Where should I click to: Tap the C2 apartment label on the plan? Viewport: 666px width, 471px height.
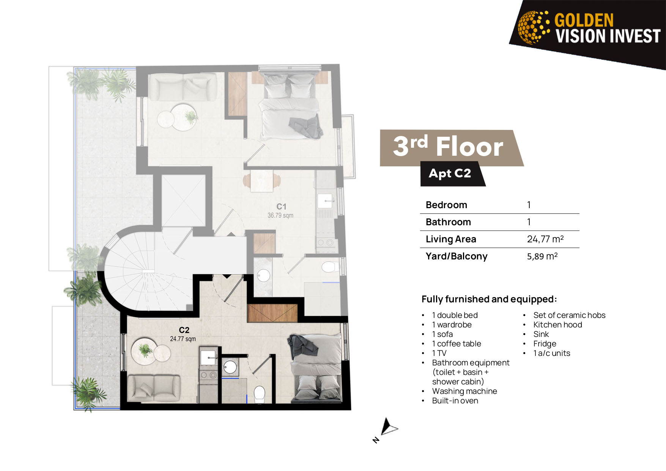coord(184,330)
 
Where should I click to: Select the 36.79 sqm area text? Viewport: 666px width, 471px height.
coord(280,215)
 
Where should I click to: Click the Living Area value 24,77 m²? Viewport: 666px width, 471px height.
coord(545,239)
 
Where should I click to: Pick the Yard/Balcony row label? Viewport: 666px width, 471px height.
coord(457,256)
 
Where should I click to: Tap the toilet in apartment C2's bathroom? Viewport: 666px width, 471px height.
coord(260,394)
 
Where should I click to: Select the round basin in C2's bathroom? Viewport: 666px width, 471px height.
coord(230,367)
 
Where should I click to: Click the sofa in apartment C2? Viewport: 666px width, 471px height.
coord(154,388)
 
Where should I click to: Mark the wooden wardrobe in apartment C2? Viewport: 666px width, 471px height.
coord(272,313)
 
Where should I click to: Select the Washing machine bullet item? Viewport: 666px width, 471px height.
coord(464,391)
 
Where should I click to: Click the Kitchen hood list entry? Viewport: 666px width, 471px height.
coord(557,325)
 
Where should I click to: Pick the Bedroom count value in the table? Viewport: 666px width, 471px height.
coord(529,205)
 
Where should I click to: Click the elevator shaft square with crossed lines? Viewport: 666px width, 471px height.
coord(184,201)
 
